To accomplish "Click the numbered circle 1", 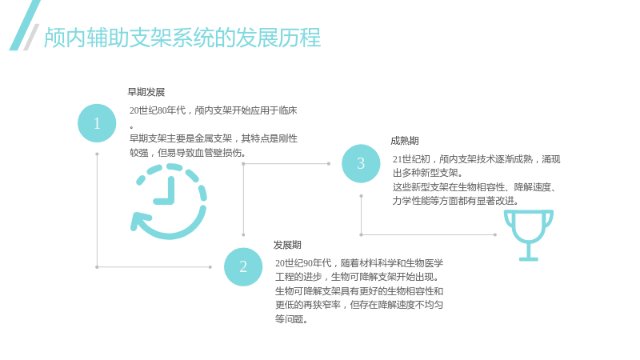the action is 97,123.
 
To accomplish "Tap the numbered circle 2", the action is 243,266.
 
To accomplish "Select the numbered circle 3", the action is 361,163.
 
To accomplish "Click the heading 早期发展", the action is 146,92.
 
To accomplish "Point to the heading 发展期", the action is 287,245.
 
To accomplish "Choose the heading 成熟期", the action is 405,141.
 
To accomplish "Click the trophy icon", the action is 529,235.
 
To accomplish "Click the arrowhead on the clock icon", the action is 138,222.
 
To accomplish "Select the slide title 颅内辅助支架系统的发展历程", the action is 182,38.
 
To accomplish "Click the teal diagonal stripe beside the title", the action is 25,25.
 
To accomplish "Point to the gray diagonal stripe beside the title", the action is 31,37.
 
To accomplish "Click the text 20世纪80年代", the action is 158,110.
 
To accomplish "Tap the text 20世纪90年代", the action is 303,263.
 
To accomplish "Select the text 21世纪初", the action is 411,159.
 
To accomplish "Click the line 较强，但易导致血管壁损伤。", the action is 188,153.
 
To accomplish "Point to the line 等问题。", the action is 291,318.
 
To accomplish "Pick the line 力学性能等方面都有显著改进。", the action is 455,201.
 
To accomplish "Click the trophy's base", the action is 529,258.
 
